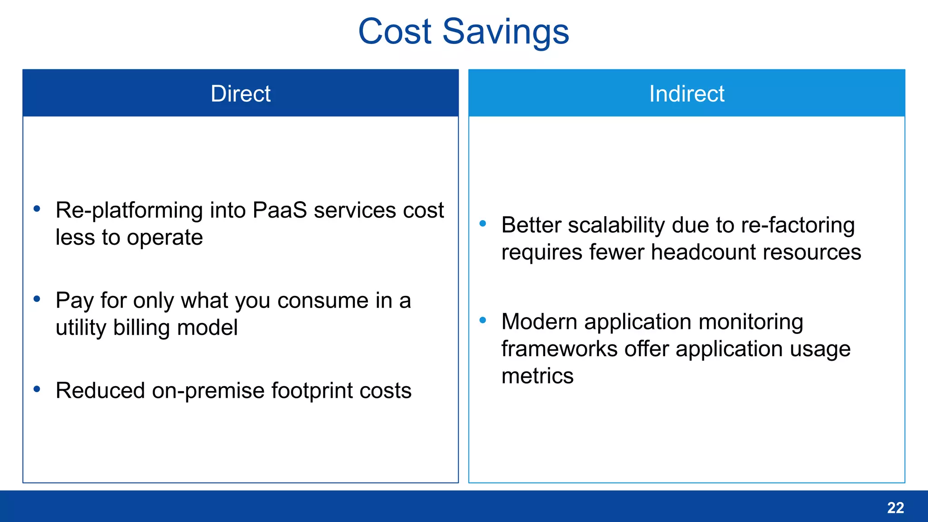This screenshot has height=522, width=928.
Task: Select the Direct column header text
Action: (x=240, y=94)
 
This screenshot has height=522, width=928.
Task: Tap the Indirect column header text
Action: (x=686, y=94)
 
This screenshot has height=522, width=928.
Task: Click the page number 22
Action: (x=895, y=507)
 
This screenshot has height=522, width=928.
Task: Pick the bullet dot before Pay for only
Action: (x=37, y=299)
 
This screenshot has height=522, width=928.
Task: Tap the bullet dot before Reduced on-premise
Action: (x=37, y=389)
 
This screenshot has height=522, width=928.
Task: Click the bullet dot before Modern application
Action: (x=483, y=320)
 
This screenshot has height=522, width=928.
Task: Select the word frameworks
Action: (x=559, y=349)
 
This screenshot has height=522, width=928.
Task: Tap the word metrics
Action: (x=537, y=376)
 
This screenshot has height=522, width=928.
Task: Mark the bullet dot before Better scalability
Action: (x=483, y=223)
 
